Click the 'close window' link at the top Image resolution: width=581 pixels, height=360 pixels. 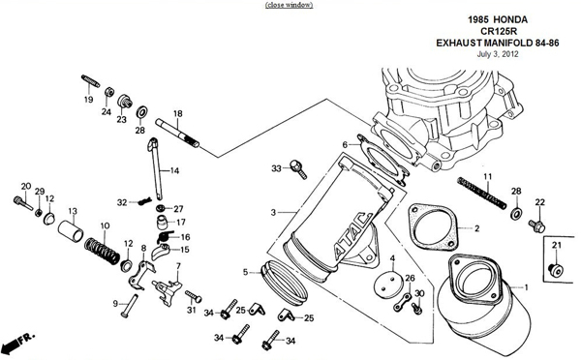289,5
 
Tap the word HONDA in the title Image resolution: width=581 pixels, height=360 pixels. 510,19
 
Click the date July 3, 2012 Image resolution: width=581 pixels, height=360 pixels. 498,54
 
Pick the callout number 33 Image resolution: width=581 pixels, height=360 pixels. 276,168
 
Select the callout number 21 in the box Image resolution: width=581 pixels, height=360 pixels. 557,245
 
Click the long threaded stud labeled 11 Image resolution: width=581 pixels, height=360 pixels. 481,193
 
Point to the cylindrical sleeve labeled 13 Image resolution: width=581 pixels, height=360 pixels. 71,230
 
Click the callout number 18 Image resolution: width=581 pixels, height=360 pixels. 178,113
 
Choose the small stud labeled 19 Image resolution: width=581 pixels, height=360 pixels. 90,81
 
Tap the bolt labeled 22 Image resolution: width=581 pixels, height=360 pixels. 536,225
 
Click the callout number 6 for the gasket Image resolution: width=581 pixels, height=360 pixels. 345,144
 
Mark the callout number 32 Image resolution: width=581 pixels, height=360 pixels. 122,202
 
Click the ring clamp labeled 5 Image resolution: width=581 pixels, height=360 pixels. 284,283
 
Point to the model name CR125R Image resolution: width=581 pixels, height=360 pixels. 498,31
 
